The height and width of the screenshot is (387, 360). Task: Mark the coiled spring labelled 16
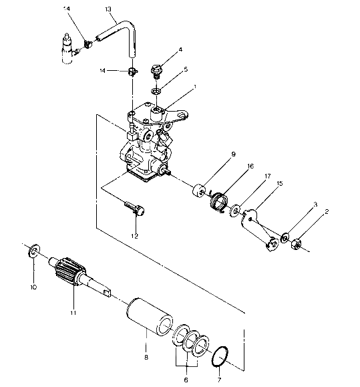(218, 201)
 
